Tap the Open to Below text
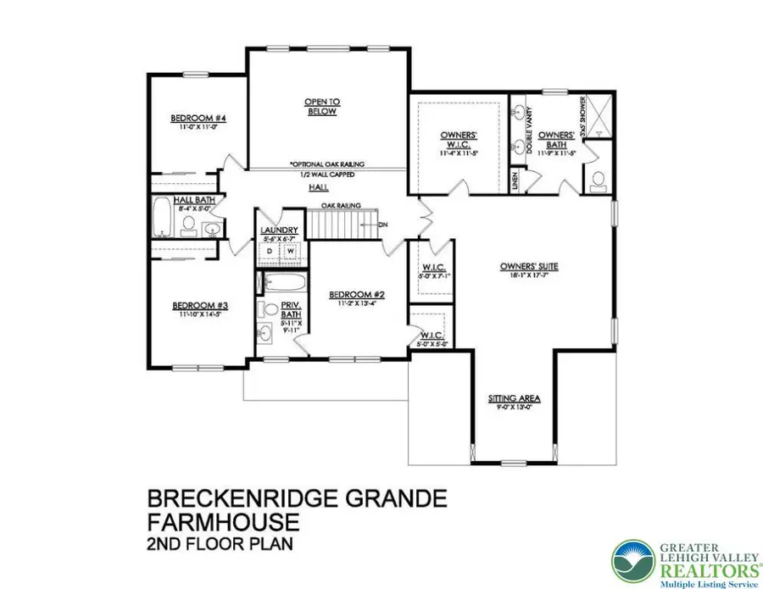coord(321,107)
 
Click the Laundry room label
coord(279,231)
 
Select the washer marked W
coord(290,251)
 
